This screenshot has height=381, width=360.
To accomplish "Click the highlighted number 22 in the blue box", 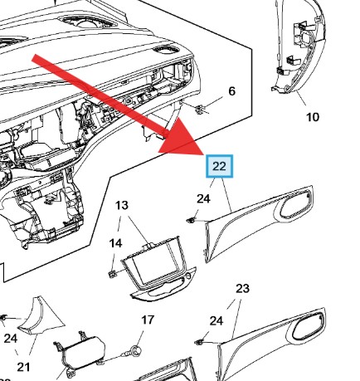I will [x=219, y=166].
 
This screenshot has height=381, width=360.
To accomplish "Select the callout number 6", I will [x=231, y=90].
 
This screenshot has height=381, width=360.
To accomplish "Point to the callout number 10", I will [x=312, y=117].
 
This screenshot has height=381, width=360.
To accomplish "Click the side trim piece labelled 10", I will [x=298, y=50].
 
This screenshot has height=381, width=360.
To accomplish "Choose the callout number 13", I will [x=122, y=205].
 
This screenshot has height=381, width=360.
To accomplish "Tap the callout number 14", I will [x=116, y=243].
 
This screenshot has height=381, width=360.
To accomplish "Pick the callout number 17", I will [x=147, y=319].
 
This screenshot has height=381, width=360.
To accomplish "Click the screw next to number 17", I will [x=131, y=352].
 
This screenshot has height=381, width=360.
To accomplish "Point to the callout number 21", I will [x=23, y=367].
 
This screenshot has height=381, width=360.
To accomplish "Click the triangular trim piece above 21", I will [x=37, y=319].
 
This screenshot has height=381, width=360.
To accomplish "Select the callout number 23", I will [x=242, y=288].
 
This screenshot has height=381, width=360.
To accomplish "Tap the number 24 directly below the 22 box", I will [x=203, y=198].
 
